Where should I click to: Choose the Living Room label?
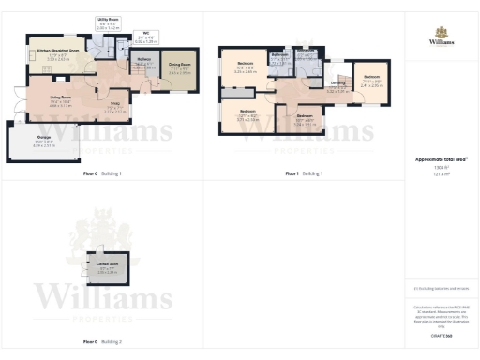click(x=61, y=97)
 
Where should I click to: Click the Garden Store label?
click(x=103, y=267)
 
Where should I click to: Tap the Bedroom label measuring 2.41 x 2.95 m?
click(x=372, y=76)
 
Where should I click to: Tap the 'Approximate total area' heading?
click(x=441, y=159)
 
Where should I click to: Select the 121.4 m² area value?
click(x=441, y=173)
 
